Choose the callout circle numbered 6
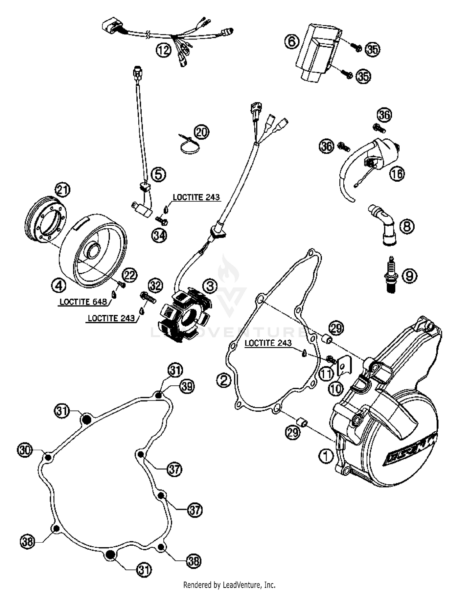click(x=292, y=41)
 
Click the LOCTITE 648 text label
click(x=83, y=302)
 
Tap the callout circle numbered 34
click(x=159, y=236)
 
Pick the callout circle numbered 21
click(x=62, y=190)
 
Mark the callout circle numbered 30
click(x=25, y=450)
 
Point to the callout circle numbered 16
click(x=397, y=174)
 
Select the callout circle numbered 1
click(x=326, y=456)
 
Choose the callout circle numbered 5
click(x=159, y=175)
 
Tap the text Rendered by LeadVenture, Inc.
click(x=229, y=585)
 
